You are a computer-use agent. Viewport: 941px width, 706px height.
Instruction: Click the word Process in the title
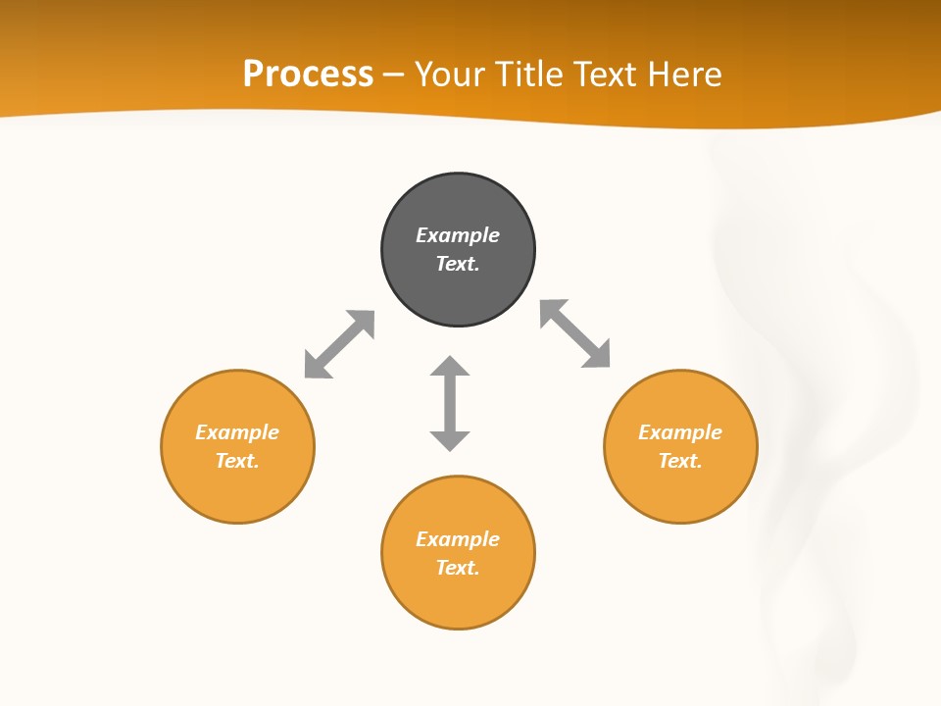point(308,74)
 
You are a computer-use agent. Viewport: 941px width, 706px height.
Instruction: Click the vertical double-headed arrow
point(450,404)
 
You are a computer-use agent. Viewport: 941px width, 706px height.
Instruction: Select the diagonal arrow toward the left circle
point(339,344)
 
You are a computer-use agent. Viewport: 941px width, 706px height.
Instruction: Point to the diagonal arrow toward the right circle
point(575,333)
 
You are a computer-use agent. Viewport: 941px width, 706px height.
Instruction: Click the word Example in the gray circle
point(458,235)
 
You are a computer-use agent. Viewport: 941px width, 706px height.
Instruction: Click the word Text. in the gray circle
point(458,264)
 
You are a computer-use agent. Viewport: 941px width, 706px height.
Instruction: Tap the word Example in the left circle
point(237,432)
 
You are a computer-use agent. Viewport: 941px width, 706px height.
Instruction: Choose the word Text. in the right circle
point(680,461)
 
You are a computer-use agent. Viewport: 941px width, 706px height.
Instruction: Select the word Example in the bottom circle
point(458,539)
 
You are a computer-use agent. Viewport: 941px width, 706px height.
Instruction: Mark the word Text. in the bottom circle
point(458,568)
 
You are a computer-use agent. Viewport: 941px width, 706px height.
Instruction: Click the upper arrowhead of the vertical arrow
point(450,366)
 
